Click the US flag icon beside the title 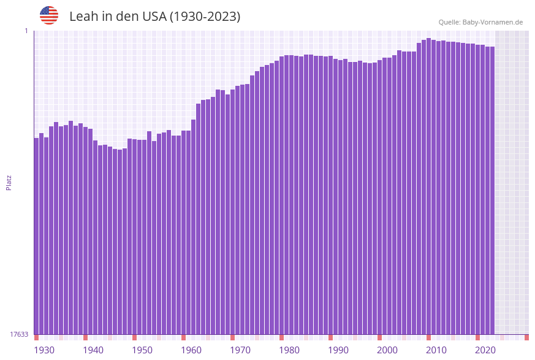click(x=49, y=15)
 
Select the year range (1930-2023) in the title click(x=205, y=17)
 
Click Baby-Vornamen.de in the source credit click(x=492, y=22)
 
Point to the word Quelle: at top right click(x=449, y=22)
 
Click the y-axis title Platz click(x=9, y=182)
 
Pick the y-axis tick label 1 click(x=26, y=31)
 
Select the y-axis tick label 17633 click(x=19, y=334)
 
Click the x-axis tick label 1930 click(x=44, y=350)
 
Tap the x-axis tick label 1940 click(x=93, y=350)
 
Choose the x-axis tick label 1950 click(x=142, y=350)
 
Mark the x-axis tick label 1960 click(x=191, y=350)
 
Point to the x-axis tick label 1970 click(x=240, y=350)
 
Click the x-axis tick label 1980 click(x=289, y=350)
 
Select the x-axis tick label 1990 click(x=338, y=350)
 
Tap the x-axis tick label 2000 click(x=387, y=350)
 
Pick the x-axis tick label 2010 click(x=436, y=350)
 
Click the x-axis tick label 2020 click(x=485, y=350)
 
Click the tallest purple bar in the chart click(x=429, y=184)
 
